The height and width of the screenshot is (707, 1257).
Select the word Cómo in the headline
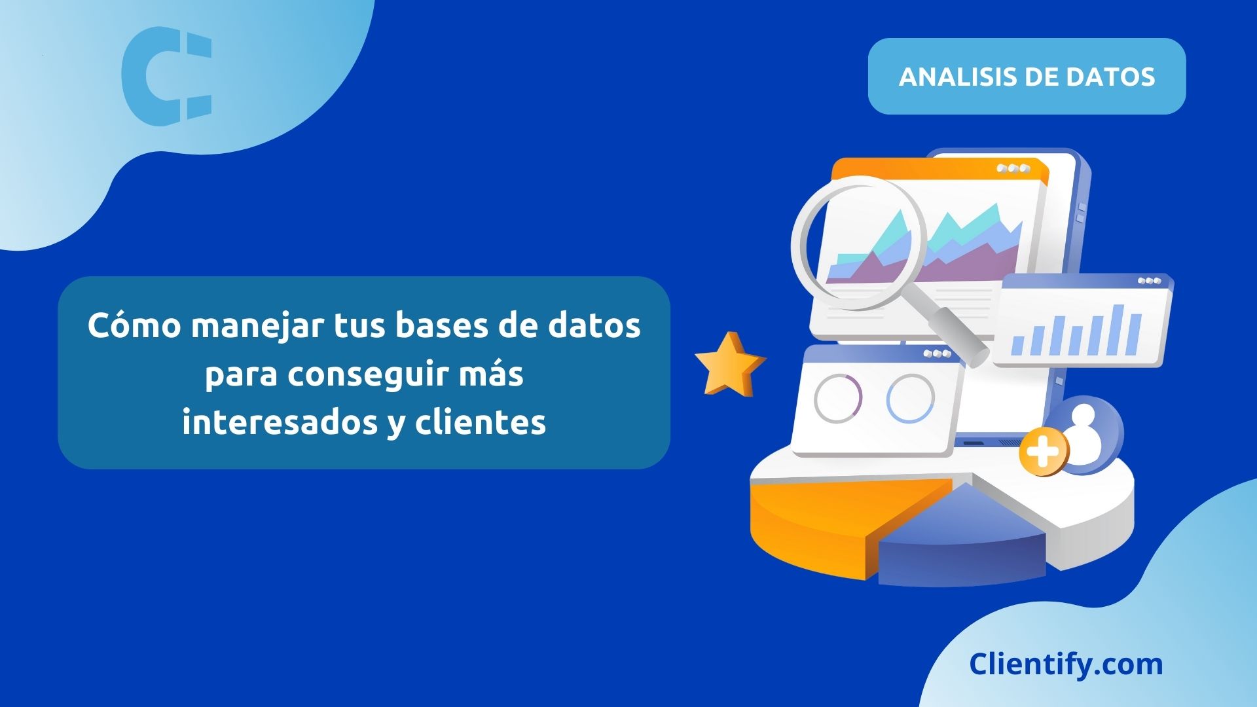pos(134,325)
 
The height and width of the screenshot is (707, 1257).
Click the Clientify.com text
pos(1066,664)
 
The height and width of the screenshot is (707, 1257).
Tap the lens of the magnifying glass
pos(859,242)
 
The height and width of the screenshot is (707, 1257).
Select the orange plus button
pos(1043,452)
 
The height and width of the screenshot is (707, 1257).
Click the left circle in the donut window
pos(838,398)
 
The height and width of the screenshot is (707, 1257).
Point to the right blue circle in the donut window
pos(910,398)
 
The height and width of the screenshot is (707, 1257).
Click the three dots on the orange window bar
pos(1013,168)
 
